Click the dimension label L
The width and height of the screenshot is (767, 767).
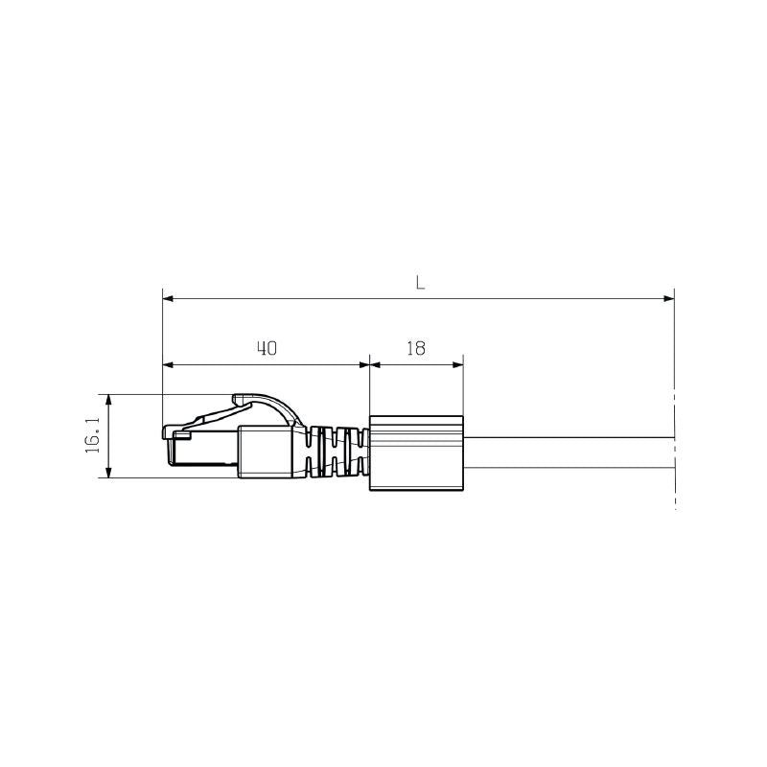pyautogui.click(x=419, y=283)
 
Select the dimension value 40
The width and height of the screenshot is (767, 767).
pyautogui.click(x=267, y=349)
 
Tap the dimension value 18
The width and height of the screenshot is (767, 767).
pyautogui.click(x=415, y=349)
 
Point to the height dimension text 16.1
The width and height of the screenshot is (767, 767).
pyautogui.click(x=94, y=436)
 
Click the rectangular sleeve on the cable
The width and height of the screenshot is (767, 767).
pyautogui.click(x=416, y=453)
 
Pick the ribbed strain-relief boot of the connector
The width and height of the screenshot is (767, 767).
pyautogui.click(x=336, y=451)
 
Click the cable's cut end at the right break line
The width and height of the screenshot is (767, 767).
pyautogui.click(x=674, y=453)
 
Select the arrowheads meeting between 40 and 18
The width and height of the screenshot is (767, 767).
pyautogui.click(x=369, y=364)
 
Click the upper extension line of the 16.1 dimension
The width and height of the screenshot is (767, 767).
pyautogui.click(x=134, y=394)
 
